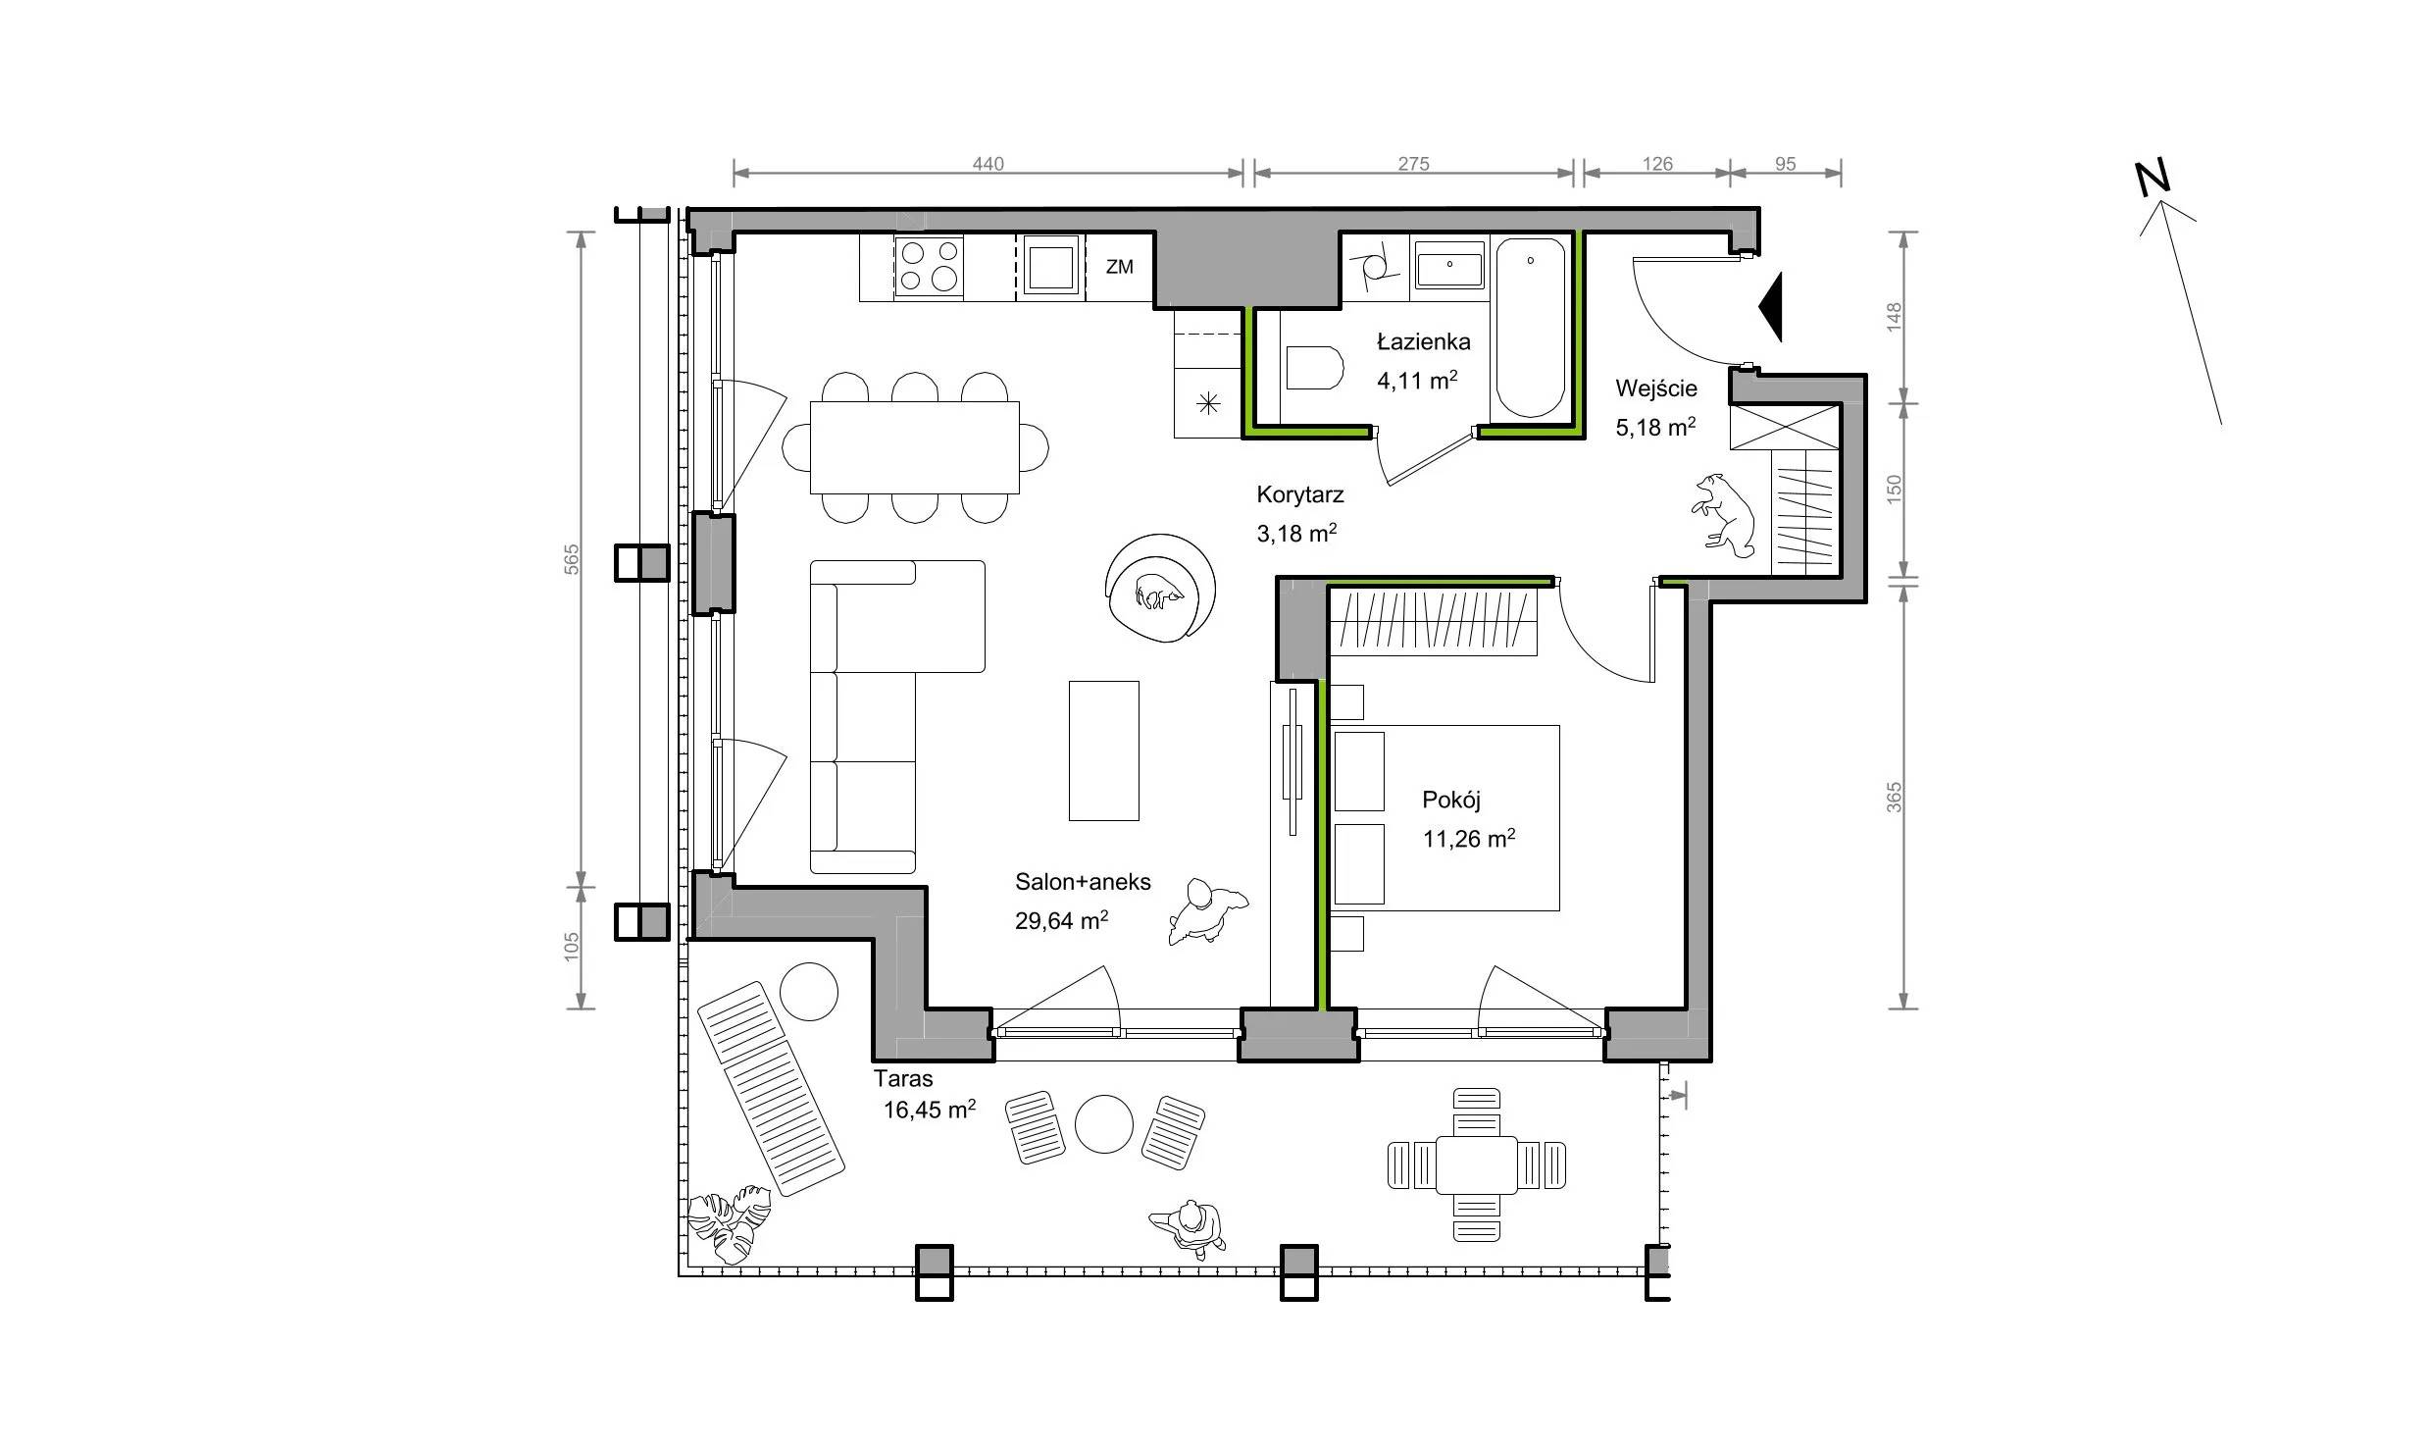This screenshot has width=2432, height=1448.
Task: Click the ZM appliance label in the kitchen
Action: (1119, 267)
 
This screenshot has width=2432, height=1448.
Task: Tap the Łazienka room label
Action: (1423, 342)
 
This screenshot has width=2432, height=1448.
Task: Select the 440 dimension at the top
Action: (988, 164)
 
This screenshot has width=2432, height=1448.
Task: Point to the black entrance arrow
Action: (1770, 308)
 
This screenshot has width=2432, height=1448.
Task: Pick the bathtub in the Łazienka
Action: (1530, 328)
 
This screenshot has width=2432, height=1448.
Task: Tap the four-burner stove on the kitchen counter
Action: (928, 267)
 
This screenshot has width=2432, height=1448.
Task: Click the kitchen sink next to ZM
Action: (1050, 266)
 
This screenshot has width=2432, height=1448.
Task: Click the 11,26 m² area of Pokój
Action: (1468, 839)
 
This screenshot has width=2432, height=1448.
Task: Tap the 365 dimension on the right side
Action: (1894, 797)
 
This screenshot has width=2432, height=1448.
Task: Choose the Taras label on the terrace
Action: (903, 1079)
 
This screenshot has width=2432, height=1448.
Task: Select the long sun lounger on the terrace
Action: (770, 1088)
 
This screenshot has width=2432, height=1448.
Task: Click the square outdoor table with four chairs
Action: (1476, 1164)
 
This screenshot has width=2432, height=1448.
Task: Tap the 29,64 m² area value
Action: (1061, 921)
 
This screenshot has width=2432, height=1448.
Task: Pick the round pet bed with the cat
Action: (1160, 589)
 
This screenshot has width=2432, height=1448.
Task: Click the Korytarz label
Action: (1300, 495)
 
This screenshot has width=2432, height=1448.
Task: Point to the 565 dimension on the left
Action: (572, 559)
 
